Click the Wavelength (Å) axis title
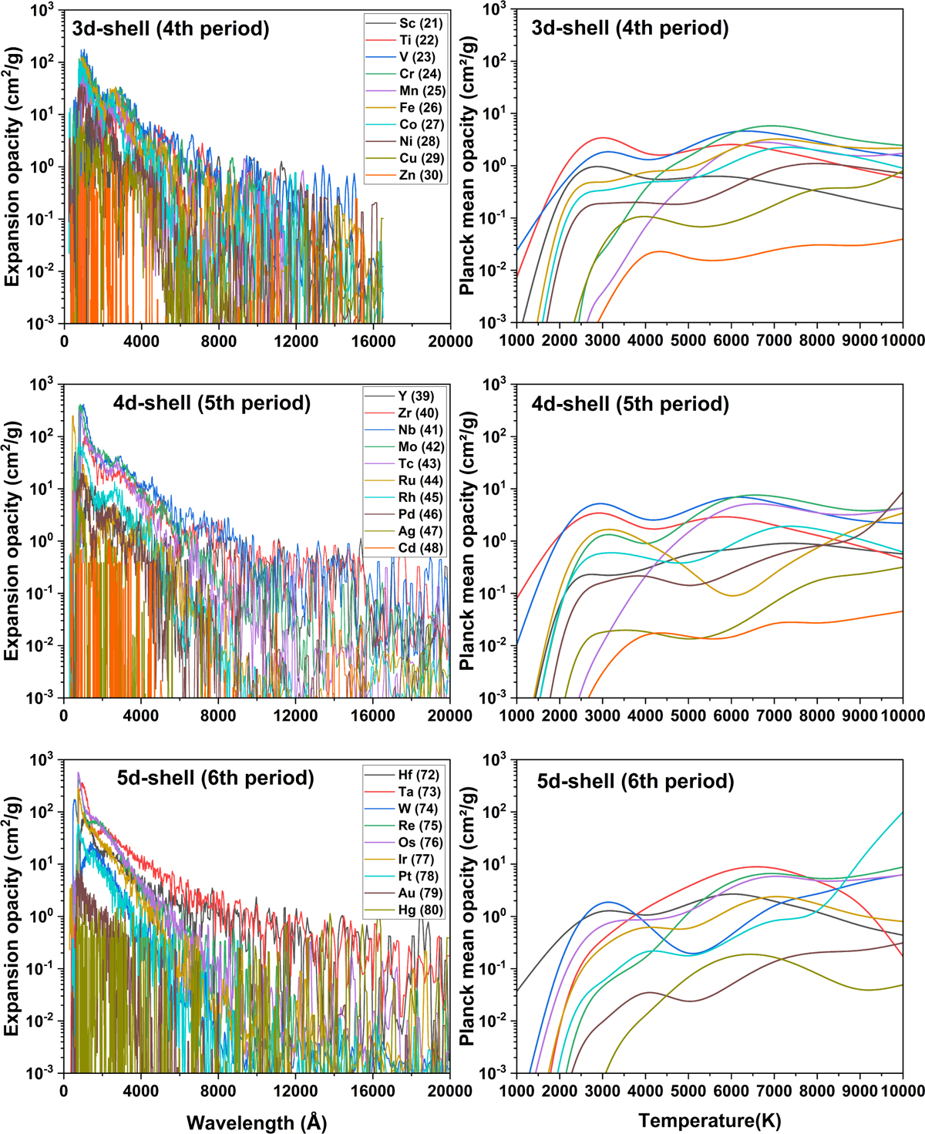click(257, 1122)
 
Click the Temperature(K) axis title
click(709, 1121)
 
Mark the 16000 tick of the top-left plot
click(373, 342)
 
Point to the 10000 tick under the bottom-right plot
click(903, 1091)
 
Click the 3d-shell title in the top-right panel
click(630, 29)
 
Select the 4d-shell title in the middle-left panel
click(212, 403)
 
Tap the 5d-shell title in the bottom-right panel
click(635, 782)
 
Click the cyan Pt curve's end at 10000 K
click(902, 813)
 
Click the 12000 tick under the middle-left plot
click(296, 715)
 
